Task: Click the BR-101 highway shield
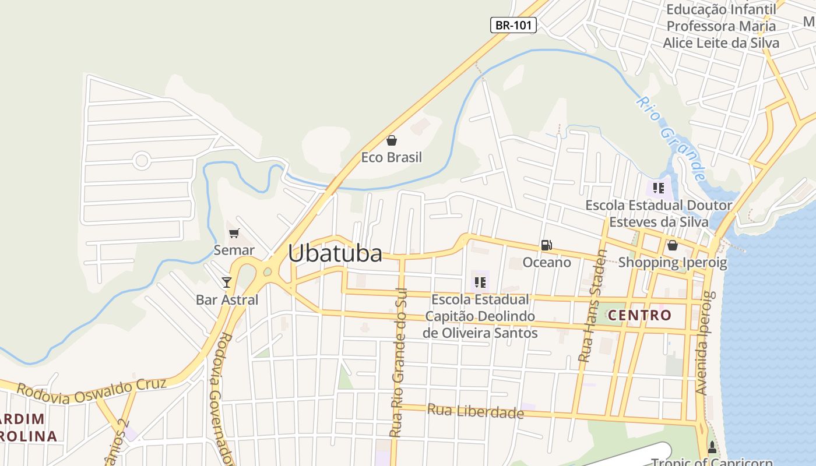513,25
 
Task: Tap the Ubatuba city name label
335,253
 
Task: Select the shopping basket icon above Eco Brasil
392,140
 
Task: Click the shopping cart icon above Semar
234,234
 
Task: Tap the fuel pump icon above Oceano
546,245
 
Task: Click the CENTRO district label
639,316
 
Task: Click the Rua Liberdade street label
476,411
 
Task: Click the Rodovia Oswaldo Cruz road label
92,391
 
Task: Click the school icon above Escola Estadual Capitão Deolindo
480,283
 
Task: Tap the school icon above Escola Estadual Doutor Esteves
659,188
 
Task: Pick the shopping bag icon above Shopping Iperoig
672,245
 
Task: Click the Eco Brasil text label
391,157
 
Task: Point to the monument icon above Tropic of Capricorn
712,448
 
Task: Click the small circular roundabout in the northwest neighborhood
141,160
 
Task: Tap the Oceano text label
547,263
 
